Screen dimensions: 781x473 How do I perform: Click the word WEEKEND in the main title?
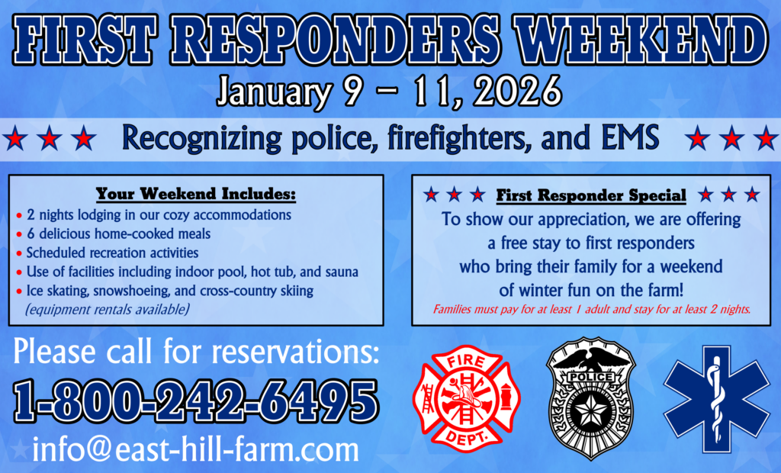(x=641, y=40)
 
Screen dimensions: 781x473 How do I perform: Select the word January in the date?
(x=274, y=92)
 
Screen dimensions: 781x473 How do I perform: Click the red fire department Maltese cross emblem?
(x=467, y=398)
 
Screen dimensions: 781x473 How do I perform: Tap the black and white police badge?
(x=591, y=398)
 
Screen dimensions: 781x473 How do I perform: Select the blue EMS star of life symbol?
(x=717, y=399)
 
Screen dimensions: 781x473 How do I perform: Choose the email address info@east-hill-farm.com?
(x=196, y=449)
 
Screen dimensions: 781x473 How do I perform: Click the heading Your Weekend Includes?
(x=196, y=194)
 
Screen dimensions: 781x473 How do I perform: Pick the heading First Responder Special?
(x=591, y=195)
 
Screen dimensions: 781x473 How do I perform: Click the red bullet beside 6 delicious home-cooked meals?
(x=19, y=234)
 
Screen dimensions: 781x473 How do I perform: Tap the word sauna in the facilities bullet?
(x=342, y=272)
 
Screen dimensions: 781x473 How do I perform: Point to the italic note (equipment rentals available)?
(x=107, y=310)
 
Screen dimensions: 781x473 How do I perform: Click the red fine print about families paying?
(x=591, y=310)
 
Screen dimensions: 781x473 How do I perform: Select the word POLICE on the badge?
(x=591, y=378)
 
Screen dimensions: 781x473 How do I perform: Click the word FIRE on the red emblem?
(x=467, y=361)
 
